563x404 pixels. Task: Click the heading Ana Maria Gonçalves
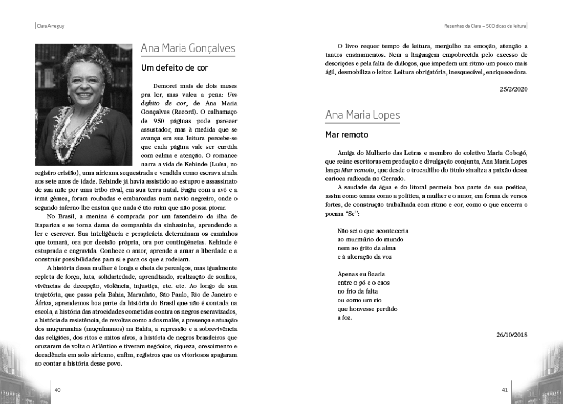pos(188,49)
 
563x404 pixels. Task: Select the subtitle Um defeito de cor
pos(175,68)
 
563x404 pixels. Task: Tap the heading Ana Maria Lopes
pos(362,115)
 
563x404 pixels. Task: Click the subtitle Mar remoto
pos(347,135)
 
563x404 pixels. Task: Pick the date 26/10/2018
pos(511,335)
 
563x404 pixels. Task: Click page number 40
pos(57,390)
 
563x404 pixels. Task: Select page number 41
pos(505,390)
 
